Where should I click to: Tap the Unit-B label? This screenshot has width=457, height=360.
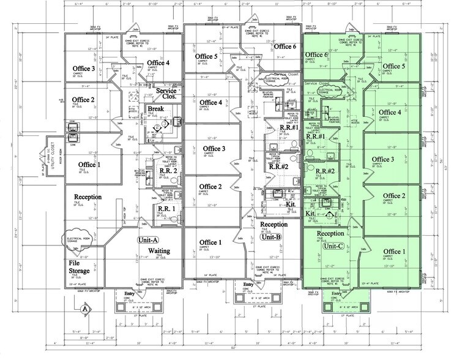pos(270,236)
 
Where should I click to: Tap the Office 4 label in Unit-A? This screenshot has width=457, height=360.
pos(158,62)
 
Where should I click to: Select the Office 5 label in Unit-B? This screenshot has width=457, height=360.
pos(208,57)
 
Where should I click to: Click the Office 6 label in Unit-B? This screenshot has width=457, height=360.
pos(285,47)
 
